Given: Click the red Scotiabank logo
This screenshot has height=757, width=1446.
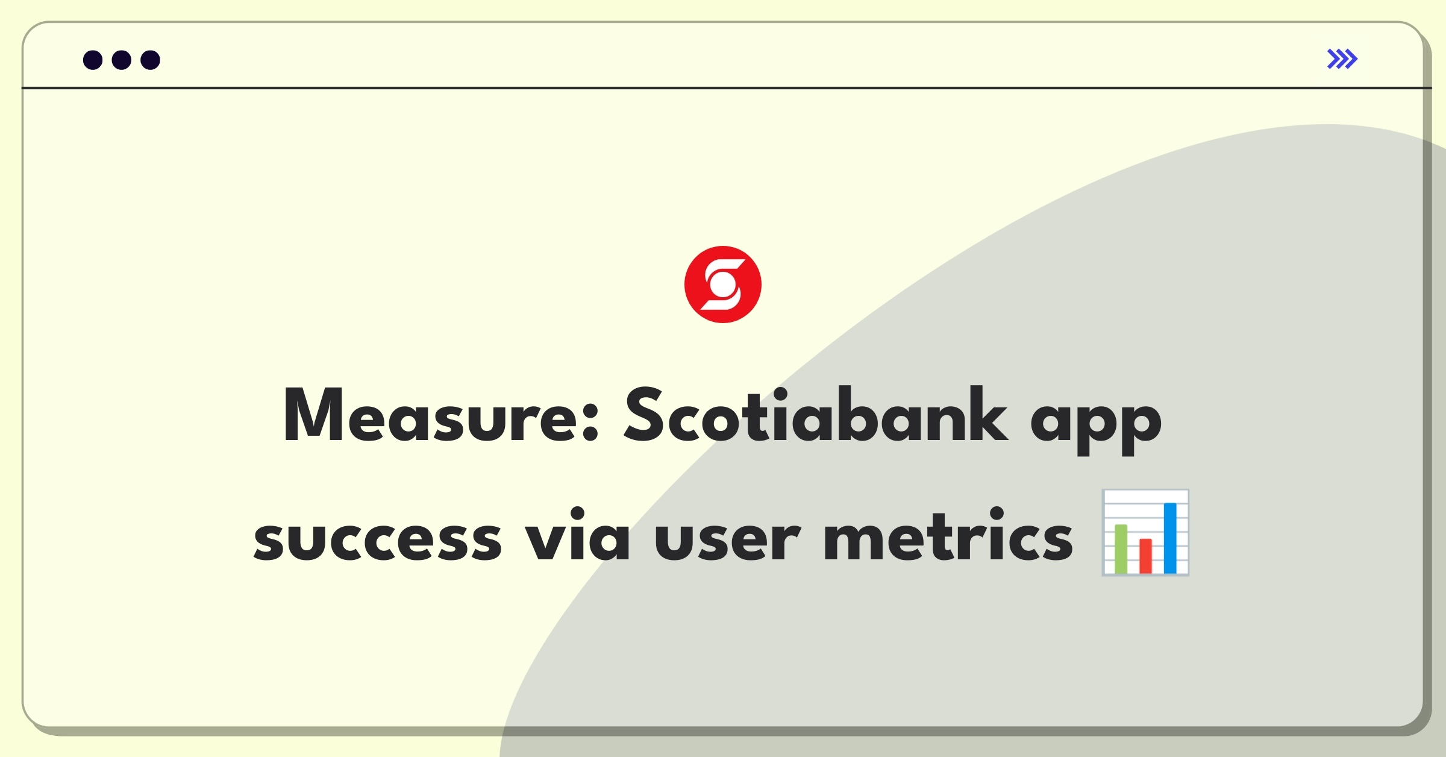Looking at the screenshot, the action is click(x=723, y=284).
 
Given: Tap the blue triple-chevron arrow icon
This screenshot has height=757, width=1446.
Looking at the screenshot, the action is click(x=1342, y=59).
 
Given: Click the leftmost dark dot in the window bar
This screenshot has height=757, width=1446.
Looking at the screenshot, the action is click(x=93, y=60).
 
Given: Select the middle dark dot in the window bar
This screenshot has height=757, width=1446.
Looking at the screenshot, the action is click(x=122, y=60).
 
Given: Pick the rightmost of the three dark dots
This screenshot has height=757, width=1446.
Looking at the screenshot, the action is click(x=151, y=60).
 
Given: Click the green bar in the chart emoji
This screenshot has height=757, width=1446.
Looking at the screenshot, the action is click(x=1121, y=548).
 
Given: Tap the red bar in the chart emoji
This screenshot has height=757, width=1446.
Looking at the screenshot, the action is click(x=1145, y=556).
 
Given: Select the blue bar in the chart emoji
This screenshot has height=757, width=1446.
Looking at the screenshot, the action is click(x=1170, y=538).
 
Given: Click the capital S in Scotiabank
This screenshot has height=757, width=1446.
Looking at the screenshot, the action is click(x=645, y=415).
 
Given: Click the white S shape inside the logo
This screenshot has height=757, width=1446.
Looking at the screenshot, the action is click(x=723, y=284).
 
